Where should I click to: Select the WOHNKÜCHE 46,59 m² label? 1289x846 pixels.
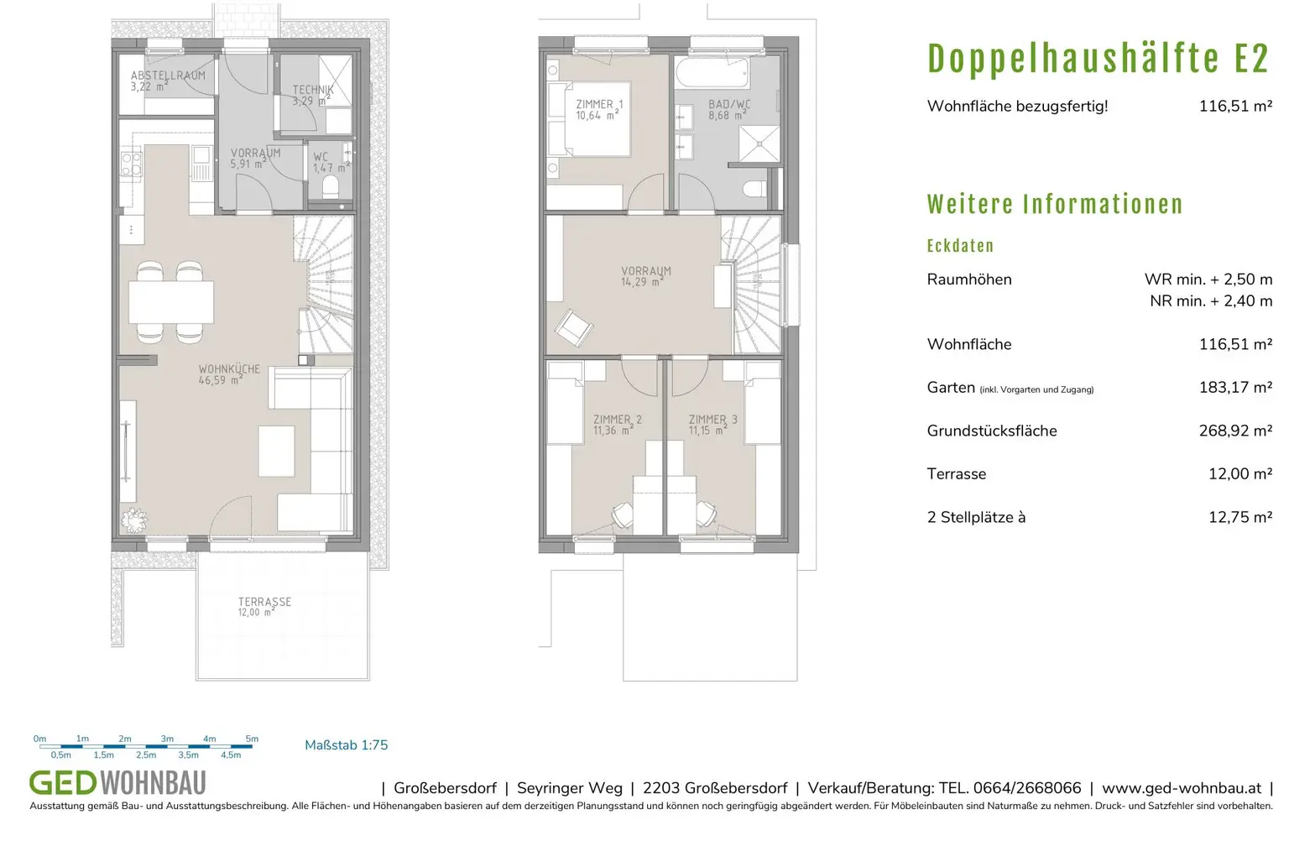pyautogui.click(x=228, y=374)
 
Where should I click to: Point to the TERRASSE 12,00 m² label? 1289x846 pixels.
pyautogui.click(x=264, y=607)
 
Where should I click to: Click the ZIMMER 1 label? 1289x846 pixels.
pyautogui.click(x=599, y=110)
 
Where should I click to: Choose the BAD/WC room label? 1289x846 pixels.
pyautogui.click(x=728, y=110)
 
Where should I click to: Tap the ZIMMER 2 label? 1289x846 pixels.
pyautogui.click(x=617, y=425)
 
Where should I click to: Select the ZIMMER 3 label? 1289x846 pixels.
pyautogui.click(x=712, y=425)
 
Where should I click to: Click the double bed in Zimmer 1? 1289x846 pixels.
pyautogui.click(x=588, y=119)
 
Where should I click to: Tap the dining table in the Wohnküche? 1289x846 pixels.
pyautogui.click(x=171, y=301)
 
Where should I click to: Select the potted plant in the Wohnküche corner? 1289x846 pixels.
pyautogui.click(x=133, y=521)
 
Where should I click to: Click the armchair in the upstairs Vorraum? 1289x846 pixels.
pyautogui.click(x=574, y=327)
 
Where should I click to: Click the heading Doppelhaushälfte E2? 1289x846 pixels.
pyautogui.click(x=1098, y=59)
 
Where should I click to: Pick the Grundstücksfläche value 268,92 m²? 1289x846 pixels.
pyautogui.click(x=1234, y=431)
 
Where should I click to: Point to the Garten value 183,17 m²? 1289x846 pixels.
pyautogui.click(x=1234, y=388)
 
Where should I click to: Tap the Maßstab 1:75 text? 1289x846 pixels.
pyautogui.click(x=346, y=745)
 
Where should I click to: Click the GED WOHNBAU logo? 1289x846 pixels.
pyautogui.click(x=117, y=783)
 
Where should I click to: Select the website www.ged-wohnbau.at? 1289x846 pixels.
pyautogui.click(x=1181, y=788)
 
